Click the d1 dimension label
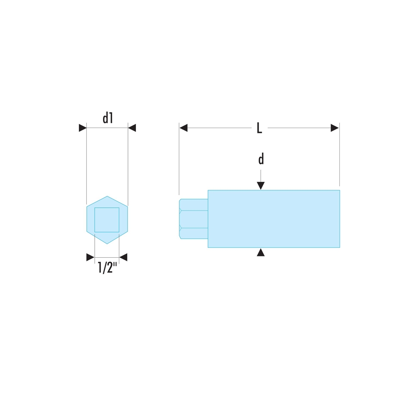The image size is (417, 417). [x=108, y=118]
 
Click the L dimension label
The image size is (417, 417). [x=259, y=128]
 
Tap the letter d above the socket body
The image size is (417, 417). [x=261, y=159]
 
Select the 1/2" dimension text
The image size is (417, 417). [x=108, y=267]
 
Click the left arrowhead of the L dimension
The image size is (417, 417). [x=183, y=128]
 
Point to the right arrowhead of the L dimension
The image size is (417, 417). [x=334, y=128]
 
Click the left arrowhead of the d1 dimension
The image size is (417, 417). [x=83, y=128]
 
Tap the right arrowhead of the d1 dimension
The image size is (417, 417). [x=132, y=128]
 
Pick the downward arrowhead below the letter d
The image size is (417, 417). [x=261, y=186]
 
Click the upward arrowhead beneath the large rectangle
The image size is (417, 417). [x=261, y=252]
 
